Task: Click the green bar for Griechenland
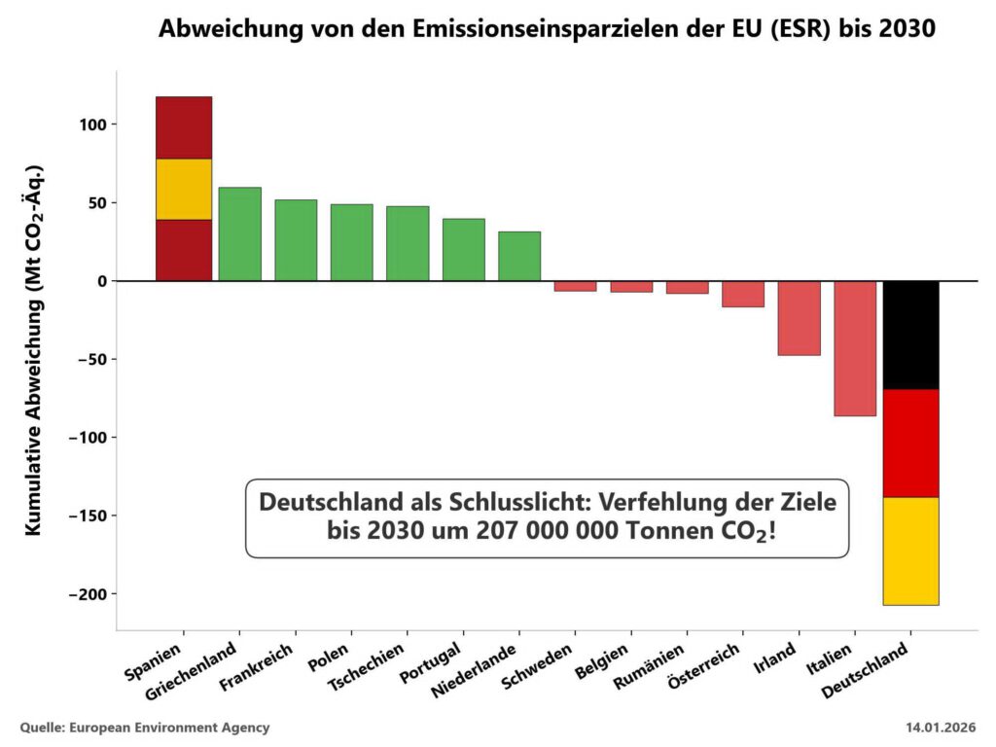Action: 239,233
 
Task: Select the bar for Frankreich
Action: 296,240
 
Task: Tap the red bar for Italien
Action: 855,348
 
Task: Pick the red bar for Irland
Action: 799,318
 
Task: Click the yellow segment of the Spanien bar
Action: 184,189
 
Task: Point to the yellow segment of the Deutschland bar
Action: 910,551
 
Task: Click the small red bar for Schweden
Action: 575,286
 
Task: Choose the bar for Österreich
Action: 743,294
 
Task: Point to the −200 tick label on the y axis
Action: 88,593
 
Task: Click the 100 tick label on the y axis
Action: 93,124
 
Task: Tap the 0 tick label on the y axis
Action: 101,281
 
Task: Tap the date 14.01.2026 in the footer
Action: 941,728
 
